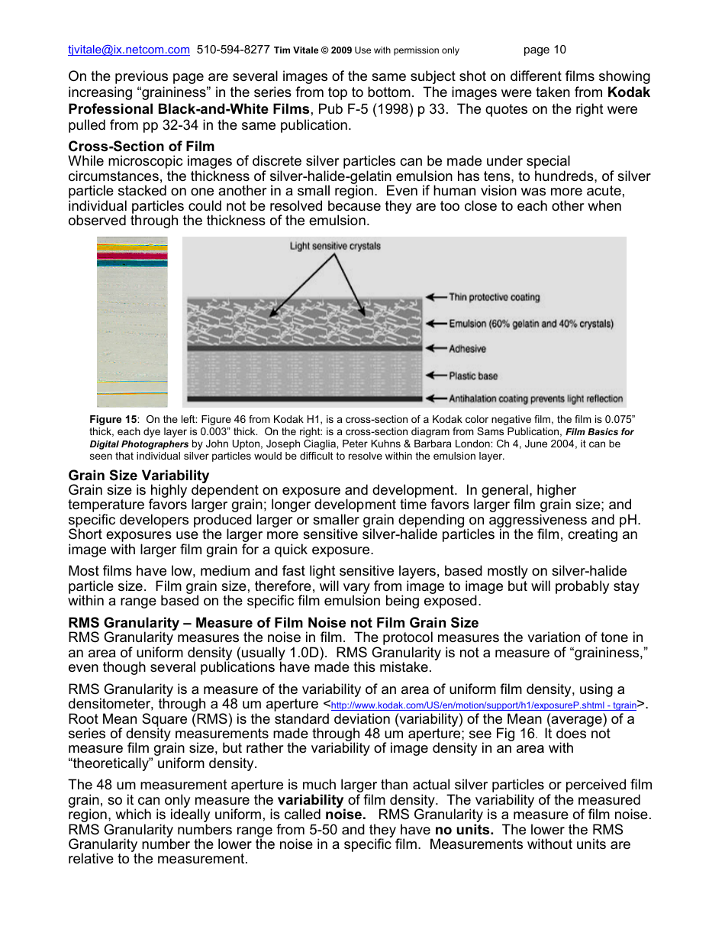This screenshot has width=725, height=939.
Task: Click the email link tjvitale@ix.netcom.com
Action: (128, 50)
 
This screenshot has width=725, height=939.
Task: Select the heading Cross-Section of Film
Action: (141, 146)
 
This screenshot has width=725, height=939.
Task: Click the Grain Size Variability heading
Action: (138, 476)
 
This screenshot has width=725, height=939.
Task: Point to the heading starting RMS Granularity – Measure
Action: (273, 623)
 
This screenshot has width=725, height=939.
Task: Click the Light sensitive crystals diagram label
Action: (335, 246)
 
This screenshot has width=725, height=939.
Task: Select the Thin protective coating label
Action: (494, 297)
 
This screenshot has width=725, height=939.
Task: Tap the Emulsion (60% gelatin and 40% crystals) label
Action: (530, 324)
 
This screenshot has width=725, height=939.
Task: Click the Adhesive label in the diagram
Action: (467, 349)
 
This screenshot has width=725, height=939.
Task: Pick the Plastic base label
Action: (472, 376)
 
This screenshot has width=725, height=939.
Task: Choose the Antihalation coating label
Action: (536, 399)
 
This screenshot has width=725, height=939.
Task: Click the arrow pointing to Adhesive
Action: (435, 349)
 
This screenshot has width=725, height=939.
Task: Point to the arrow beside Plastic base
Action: (435, 376)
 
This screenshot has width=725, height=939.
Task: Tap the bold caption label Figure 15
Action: (113, 420)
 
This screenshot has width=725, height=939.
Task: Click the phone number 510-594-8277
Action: (233, 50)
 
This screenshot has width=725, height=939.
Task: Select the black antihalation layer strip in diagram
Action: (305, 399)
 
